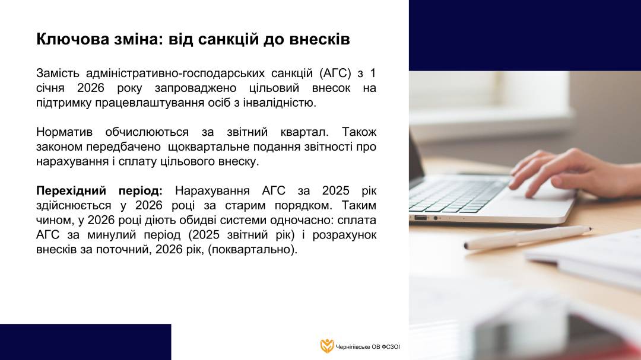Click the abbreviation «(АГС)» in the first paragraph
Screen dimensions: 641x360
point(335,74)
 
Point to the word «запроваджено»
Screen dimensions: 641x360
point(195,88)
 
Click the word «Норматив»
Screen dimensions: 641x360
point(64,132)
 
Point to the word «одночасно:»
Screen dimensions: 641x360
point(302,220)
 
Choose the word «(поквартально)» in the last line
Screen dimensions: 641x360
point(252,250)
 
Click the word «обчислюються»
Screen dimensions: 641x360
point(147,132)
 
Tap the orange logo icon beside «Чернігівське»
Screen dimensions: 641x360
point(326,346)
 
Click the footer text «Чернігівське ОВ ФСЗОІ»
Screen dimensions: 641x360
point(368,347)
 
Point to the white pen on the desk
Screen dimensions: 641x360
point(528,237)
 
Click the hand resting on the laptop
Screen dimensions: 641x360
point(572,172)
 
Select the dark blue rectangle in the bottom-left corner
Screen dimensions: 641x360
point(85,342)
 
